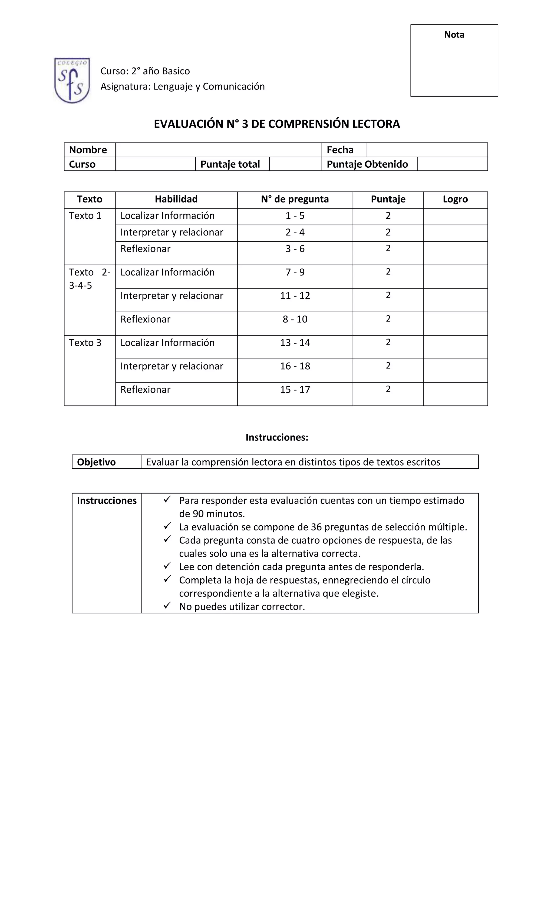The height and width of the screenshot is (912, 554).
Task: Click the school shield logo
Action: pyautogui.click(x=72, y=80)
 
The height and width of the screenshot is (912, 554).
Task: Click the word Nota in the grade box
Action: pyautogui.click(x=454, y=35)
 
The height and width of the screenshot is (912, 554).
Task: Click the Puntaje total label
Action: pyautogui.click(x=230, y=164)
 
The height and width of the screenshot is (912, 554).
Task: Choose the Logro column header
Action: pyautogui.click(x=455, y=199)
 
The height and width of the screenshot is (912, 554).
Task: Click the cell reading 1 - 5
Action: pyautogui.click(x=295, y=216)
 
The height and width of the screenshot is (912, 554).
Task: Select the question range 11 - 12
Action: pyautogui.click(x=295, y=296)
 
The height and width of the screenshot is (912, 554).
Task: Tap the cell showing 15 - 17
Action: pyautogui.click(x=295, y=390)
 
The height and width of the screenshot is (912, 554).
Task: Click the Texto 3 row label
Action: pyautogui.click(x=85, y=343)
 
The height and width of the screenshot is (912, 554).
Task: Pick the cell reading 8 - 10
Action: pyautogui.click(x=295, y=319)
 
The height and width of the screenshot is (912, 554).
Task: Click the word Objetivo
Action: pyautogui.click(x=96, y=462)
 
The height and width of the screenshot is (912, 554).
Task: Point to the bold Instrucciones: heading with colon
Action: pyautogui.click(x=277, y=437)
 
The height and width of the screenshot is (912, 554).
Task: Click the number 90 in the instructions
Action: pyautogui.click(x=198, y=514)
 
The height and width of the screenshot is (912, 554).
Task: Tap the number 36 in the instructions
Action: pyautogui.click(x=316, y=527)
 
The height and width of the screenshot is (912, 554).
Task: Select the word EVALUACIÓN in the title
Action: pyautogui.click(x=188, y=124)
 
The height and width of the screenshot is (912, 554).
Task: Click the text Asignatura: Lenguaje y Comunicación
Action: pyautogui.click(x=183, y=87)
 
